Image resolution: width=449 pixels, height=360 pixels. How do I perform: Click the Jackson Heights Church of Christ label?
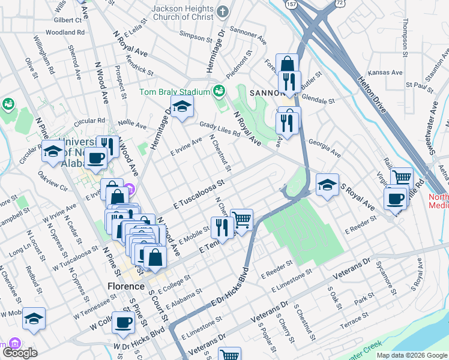182,14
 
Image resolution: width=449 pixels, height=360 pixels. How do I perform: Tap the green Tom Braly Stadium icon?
219,91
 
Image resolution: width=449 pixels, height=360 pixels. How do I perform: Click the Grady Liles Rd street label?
220,128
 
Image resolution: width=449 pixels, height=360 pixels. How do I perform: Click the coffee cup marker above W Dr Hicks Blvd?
124,322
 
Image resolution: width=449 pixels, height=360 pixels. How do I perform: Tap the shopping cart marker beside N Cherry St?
241,220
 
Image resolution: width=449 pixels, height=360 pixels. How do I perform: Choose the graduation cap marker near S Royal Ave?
327,185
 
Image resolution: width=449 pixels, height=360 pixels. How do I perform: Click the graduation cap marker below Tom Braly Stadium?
181,108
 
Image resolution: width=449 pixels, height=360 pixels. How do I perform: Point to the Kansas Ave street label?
385,72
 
